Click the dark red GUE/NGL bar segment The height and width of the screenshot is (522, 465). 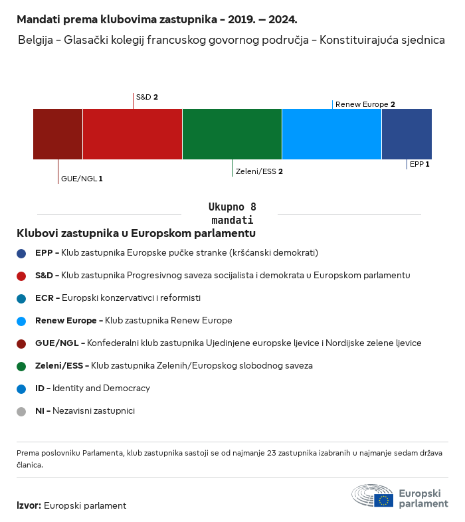click(x=58, y=134)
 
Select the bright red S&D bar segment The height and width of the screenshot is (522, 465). click(x=132, y=134)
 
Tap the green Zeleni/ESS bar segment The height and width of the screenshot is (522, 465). click(x=232, y=134)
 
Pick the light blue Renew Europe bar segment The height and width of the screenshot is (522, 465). click(x=331, y=134)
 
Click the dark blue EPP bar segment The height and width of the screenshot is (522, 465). click(x=407, y=134)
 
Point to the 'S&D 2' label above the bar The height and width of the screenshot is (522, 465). click(x=147, y=97)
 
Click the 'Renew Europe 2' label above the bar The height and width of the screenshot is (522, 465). click(x=365, y=104)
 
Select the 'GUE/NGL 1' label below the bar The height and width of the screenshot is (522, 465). click(x=82, y=179)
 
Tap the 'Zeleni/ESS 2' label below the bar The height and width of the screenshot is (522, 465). click(x=259, y=171)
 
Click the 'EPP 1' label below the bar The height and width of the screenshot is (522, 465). click(x=419, y=163)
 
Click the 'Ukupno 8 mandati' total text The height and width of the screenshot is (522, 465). click(x=232, y=213)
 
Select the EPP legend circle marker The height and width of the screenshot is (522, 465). click(x=21, y=253)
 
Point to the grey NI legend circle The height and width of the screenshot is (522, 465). click(x=21, y=411)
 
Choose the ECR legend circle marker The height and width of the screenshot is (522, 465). click(x=21, y=298)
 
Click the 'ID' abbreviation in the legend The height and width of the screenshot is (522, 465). click(x=39, y=388)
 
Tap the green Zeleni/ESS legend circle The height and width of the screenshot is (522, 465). click(x=21, y=366)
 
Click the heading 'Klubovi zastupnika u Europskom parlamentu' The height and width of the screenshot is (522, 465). click(x=136, y=234)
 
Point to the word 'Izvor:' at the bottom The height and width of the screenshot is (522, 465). click(x=29, y=505)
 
